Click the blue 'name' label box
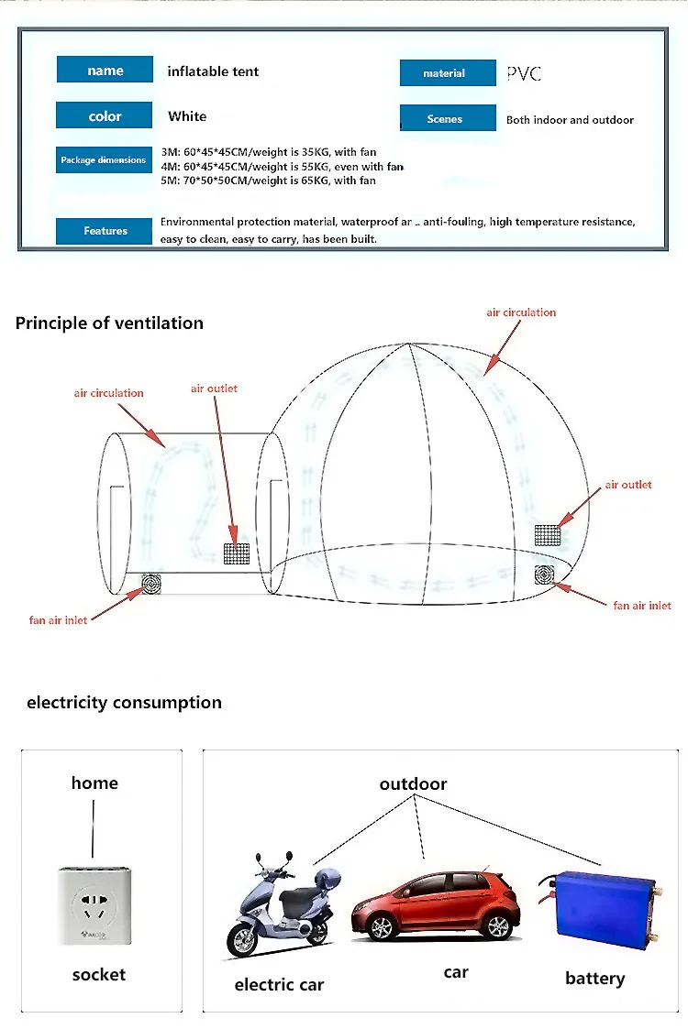pyautogui.click(x=105, y=70)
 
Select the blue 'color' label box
pyautogui.click(x=105, y=115)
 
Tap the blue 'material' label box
pyautogui.click(x=447, y=73)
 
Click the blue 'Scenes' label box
pyautogui.click(x=447, y=118)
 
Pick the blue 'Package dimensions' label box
pyautogui.click(x=103, y=159)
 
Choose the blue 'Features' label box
pyautogui.click(x=105, y=231)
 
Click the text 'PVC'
pyautogui.click(x=524, y=73)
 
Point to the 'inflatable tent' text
pyautogui.click(x=213, y=71)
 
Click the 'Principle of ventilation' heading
pyautogui.click(x=109, y=323)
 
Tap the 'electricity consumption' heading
pyautogui.click(x=124, y=703)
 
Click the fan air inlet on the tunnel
pyautogui.click(x=150, y=584)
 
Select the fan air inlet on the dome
pyautogui.click(x=547, y=575)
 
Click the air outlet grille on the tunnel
pyautogui.click(x=237, y=553)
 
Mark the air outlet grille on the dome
pyautogui.click(x=548, y=534)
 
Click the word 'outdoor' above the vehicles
pyautogui.click(x=413, y=784)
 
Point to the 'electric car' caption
pyautogui.click(x=279, y=985)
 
